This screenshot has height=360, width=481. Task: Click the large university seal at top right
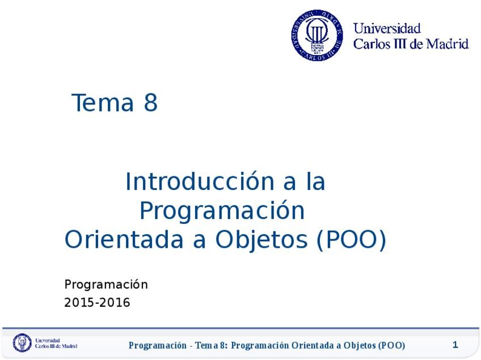pos(317,35)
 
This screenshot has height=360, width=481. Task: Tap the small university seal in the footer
pos(23,343)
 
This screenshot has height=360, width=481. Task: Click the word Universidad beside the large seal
pos(387,28)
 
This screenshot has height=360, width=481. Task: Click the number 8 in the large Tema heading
pos(150,103)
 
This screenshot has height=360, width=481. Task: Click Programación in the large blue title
pos(222,211)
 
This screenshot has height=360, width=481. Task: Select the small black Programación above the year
pos(106,284)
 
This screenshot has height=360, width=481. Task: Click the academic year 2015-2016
pos(97,303)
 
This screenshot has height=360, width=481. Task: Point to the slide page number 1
pos(455,345)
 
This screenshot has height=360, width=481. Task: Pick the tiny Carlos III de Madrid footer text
pos(56,346)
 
